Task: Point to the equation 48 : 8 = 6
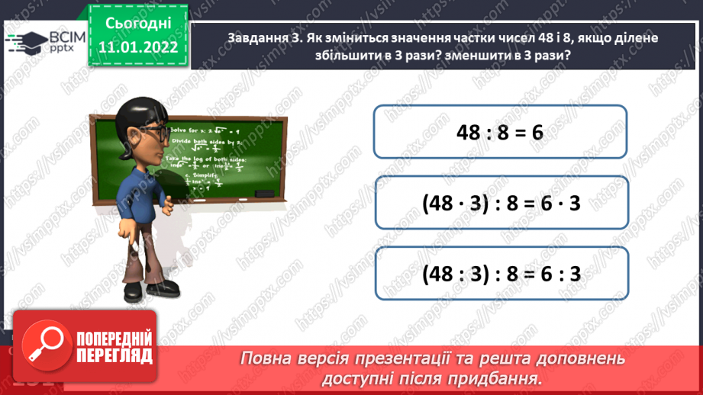(499, 132)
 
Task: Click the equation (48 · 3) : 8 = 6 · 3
(501, 203)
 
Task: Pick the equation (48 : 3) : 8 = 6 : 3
(501, 275)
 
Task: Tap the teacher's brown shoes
(153, 294)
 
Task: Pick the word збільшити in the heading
(261, 57)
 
